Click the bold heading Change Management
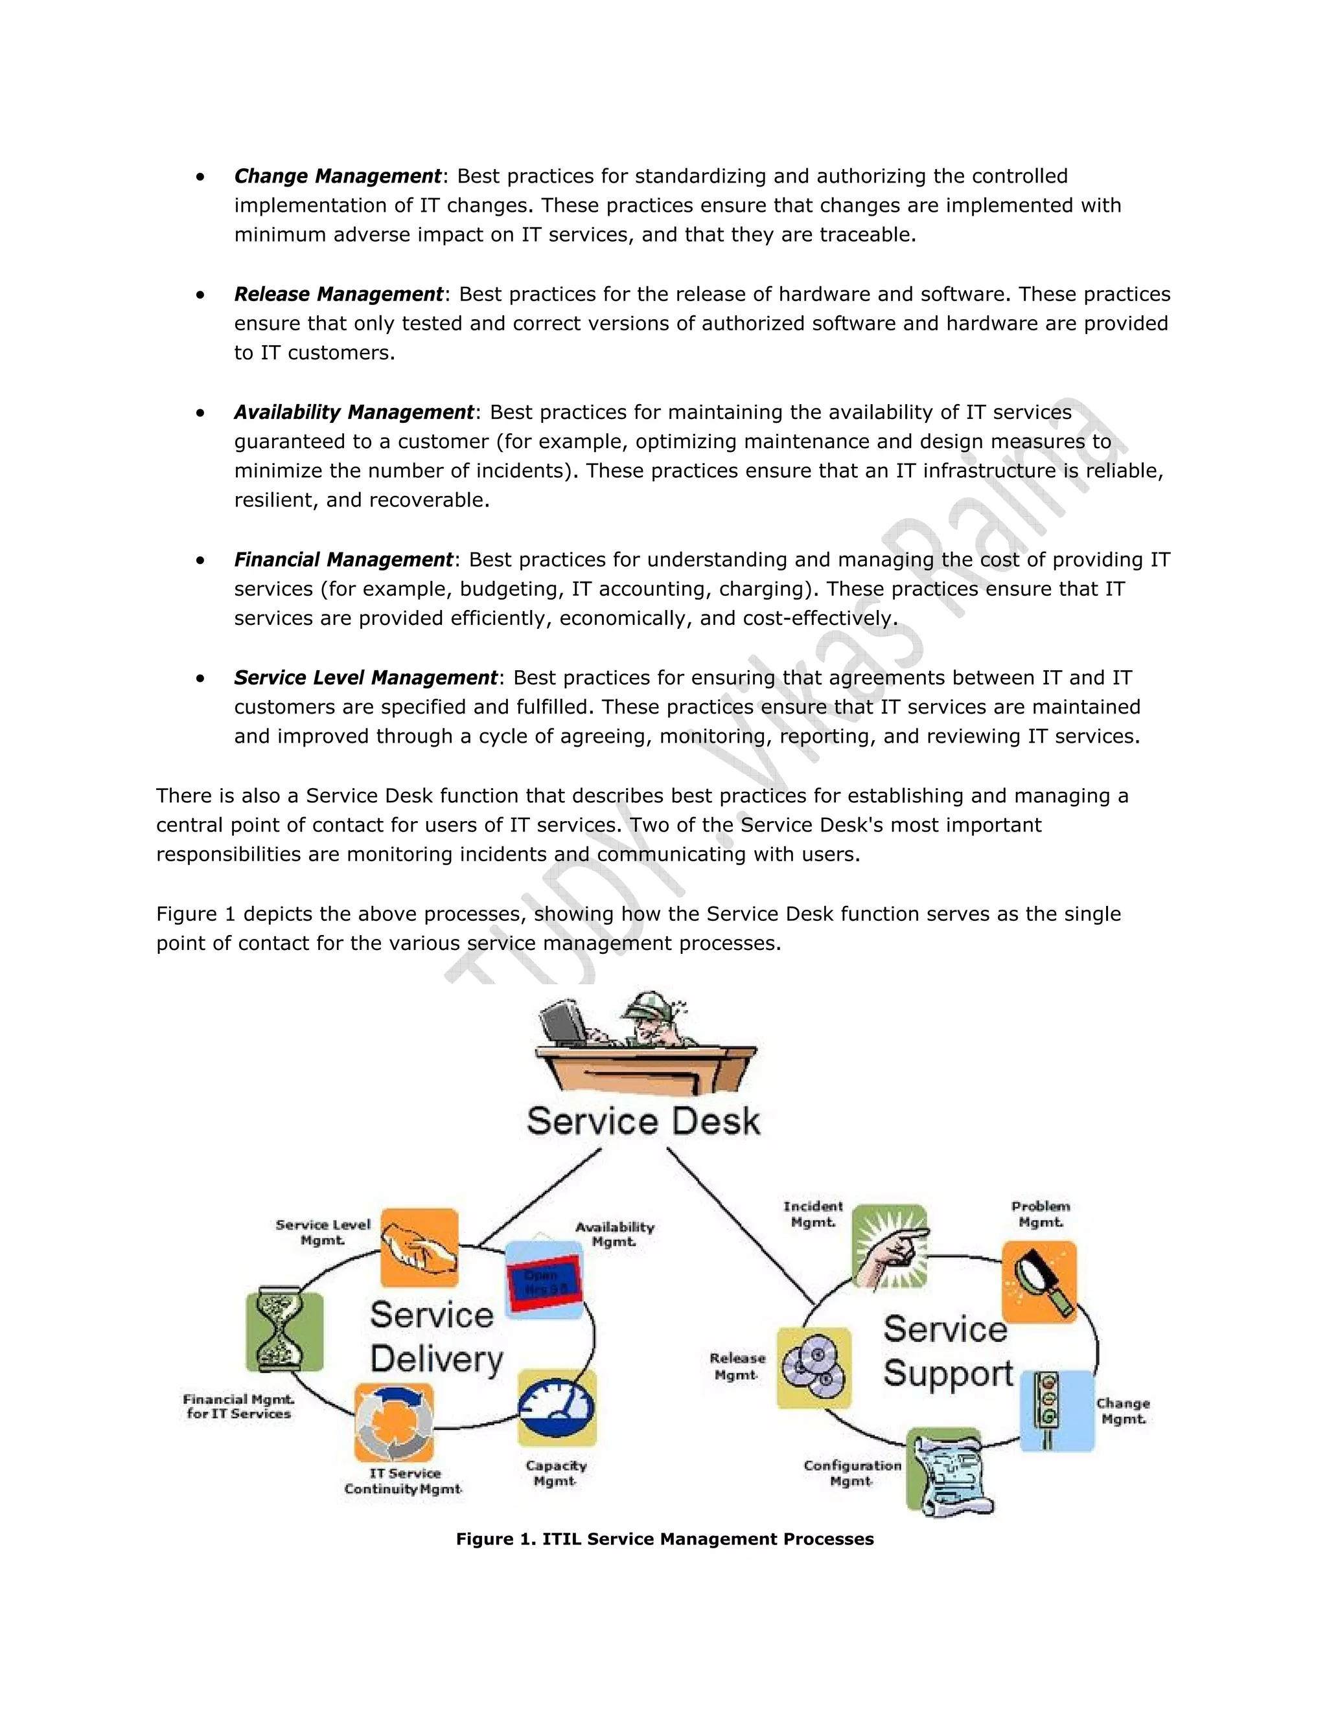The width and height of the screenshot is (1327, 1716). pos(337,176)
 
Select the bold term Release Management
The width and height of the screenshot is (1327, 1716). pos(338,294)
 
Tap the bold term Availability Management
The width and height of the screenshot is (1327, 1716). pos(354,412)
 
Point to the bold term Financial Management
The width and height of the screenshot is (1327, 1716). pos(343,559)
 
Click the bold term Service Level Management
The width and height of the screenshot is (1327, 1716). pos(365,677)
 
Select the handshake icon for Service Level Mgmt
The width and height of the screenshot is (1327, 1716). pos(419,1248)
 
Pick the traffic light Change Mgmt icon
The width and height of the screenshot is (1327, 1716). pos(1056,1410)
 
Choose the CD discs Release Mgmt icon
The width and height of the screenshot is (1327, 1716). pos(814,1367)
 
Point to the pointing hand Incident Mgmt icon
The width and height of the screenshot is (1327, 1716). pos(890,1247)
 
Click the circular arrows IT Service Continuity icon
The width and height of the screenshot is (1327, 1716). pos(394,1422)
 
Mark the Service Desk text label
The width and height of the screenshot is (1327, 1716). pos(643,1121)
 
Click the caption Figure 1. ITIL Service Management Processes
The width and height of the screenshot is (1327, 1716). pos(664,1539)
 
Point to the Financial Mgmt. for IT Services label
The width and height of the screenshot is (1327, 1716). pos(238,1406)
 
